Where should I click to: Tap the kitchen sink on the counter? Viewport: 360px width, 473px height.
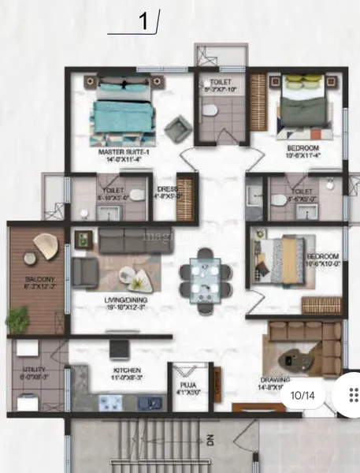[x=148, y=403]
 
